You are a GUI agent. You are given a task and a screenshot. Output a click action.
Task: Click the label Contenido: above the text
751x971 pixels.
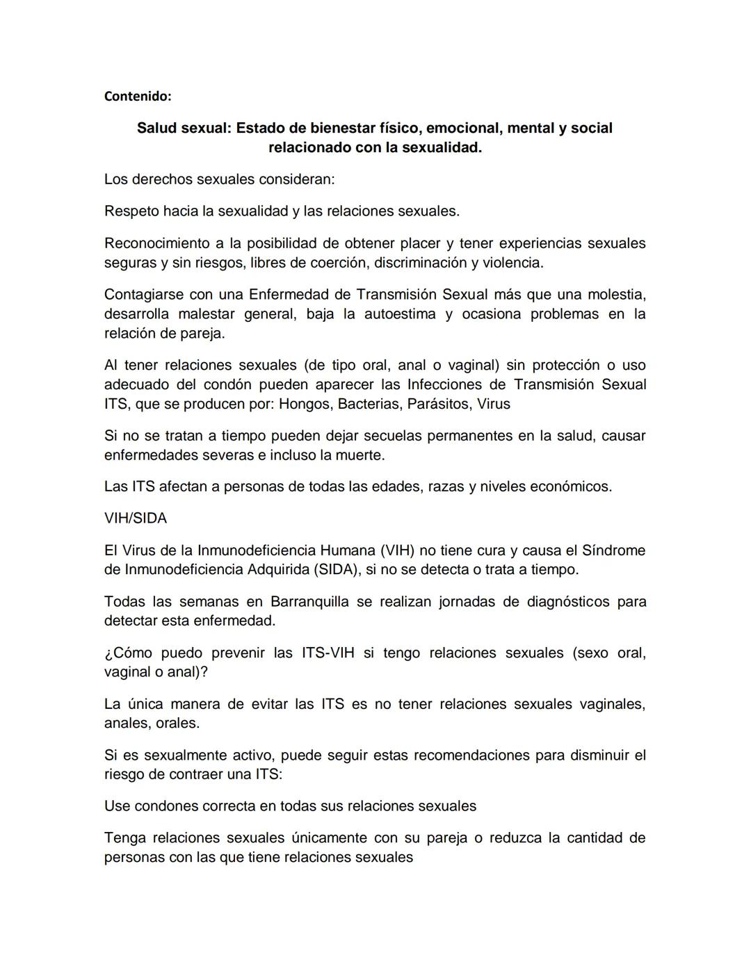click(x=137, y=97)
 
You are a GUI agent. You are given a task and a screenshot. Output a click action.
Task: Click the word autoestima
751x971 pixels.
click(x=385, y=313)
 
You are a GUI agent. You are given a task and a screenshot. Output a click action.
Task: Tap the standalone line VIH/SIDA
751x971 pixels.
click(x=136, y=519)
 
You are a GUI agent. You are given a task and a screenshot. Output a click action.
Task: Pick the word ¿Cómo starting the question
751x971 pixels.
click(x=128, y=653)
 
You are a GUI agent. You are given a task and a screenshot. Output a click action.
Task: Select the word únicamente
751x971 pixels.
click(x=330, y=838)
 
